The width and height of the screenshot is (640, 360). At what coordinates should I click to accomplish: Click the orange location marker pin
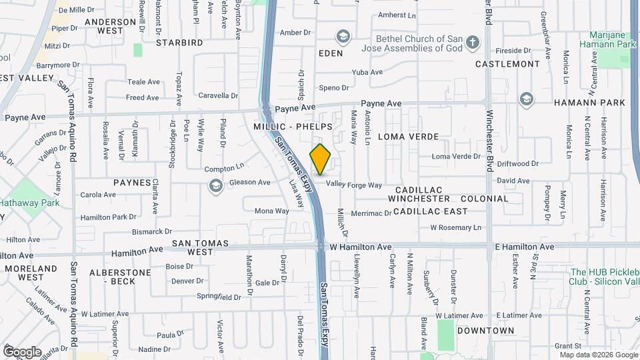(321, 159)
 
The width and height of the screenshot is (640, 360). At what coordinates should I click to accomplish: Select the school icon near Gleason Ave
(215, 185)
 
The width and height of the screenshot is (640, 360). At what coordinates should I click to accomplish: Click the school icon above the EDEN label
(343, 37)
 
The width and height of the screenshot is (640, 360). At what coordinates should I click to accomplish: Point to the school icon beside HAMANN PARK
(527, 100)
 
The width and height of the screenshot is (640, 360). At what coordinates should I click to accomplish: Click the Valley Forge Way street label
(353, 185)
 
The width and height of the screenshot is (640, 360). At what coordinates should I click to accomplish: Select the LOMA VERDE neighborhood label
(408, 136)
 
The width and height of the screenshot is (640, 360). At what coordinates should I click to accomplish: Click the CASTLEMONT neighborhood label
(507, 64)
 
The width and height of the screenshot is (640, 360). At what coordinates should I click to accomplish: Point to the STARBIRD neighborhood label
(179, 43)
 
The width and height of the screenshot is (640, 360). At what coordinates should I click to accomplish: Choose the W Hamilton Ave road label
(361, 247)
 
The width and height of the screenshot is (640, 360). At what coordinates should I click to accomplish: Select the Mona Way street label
(271, 211)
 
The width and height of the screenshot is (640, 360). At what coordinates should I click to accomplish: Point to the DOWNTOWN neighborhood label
(485, 330)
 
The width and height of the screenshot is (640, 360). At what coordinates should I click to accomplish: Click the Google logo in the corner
(22, 352)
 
